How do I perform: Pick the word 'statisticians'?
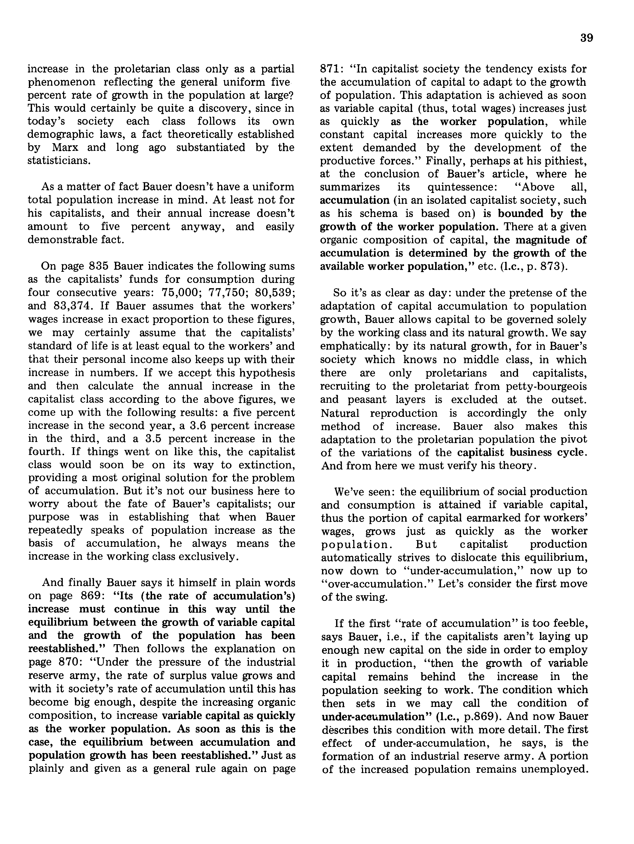(59, 161)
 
